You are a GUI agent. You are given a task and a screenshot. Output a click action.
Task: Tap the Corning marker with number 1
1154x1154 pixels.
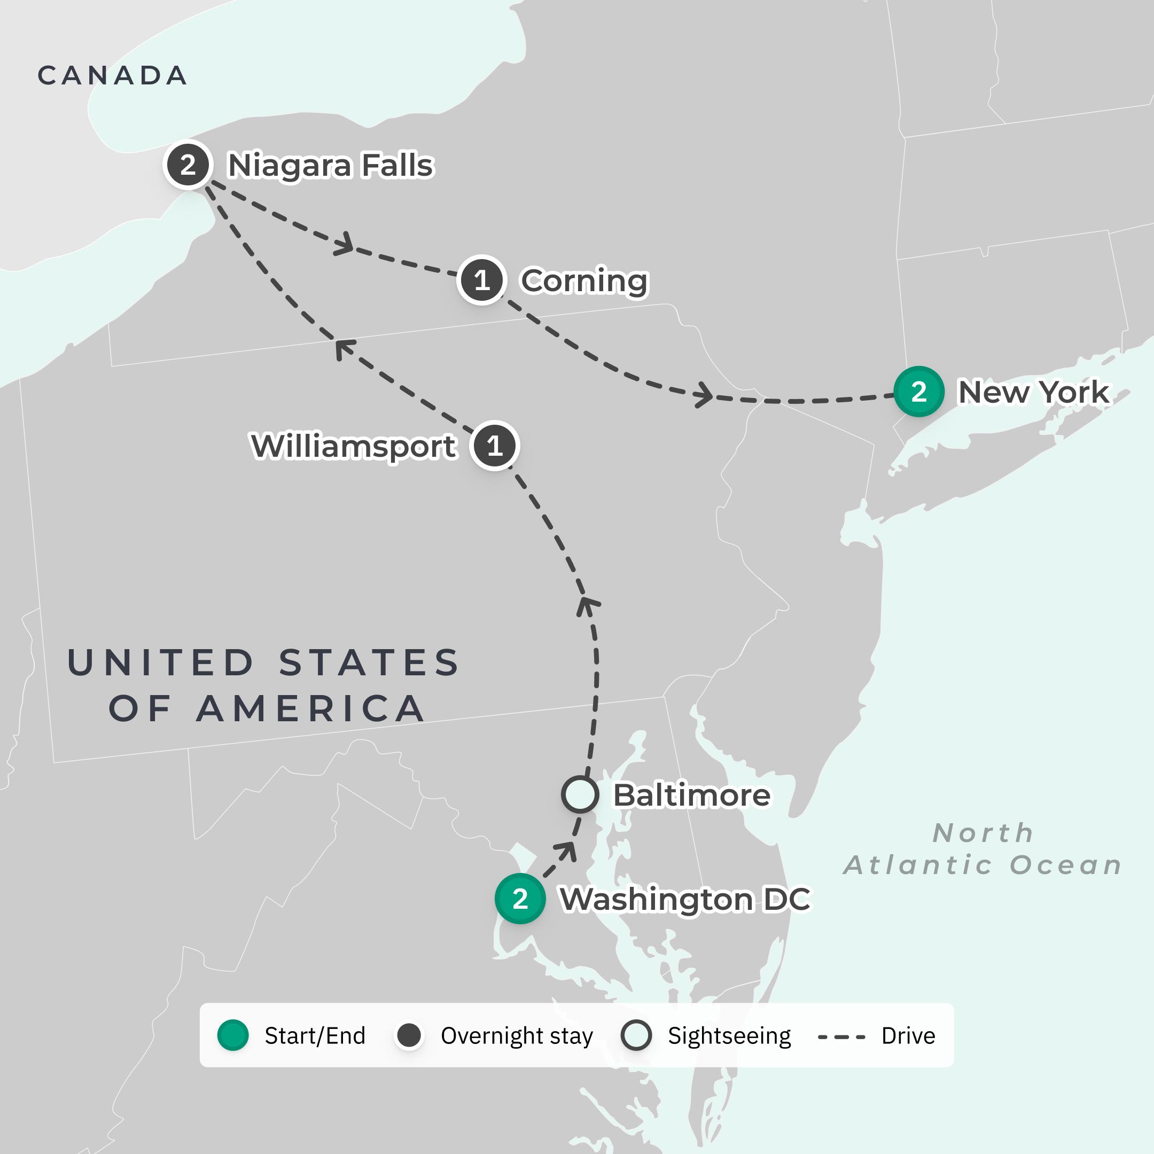point(481,280)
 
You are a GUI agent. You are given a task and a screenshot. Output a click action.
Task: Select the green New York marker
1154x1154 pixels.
point(919,392)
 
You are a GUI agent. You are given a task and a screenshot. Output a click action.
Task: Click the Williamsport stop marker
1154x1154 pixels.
point(495,446)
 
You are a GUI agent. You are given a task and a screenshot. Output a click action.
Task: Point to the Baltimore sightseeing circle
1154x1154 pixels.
point(579,794)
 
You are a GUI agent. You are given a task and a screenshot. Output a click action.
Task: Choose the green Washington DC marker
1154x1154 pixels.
point(520,898)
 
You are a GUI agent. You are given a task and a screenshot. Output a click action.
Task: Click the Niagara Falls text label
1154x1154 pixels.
point(330,166)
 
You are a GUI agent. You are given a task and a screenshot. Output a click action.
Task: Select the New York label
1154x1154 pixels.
point(1033,393)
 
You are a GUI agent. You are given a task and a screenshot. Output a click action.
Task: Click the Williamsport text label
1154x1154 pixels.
point(354,446)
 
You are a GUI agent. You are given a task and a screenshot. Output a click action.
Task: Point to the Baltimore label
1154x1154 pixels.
point(692,795)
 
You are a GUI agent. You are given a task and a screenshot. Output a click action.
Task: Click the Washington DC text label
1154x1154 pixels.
point(685,899)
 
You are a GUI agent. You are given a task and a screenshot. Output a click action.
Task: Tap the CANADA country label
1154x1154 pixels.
point(112,76)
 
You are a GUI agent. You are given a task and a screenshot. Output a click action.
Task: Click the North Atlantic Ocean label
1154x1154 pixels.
point(983,849)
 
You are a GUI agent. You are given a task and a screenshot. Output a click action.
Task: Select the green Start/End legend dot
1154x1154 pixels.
point(233,1035)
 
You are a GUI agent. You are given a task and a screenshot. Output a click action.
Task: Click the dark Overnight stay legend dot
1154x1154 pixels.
point(409,1035)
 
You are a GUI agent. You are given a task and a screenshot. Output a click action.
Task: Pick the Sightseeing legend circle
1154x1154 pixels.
point(636,1035)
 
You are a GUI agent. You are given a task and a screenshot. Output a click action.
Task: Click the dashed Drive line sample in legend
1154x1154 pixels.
point(841,1036)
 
